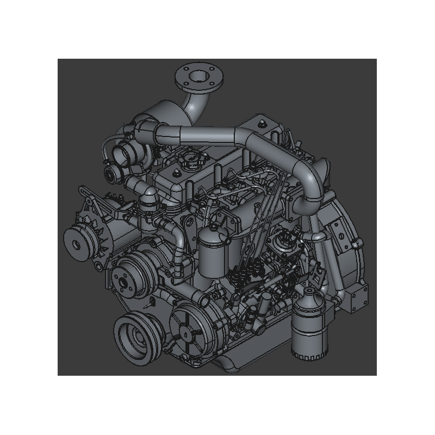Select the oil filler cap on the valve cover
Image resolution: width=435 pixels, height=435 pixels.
coord(190,160)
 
